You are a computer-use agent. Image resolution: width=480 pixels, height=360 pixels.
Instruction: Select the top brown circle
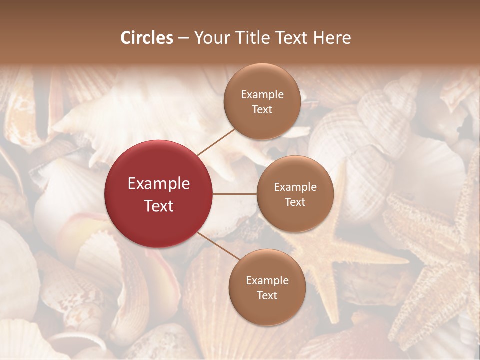point(262,101)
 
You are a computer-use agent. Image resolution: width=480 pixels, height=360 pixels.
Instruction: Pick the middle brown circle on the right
point(295,194)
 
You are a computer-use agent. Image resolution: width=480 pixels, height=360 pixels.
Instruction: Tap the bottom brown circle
point(267,287)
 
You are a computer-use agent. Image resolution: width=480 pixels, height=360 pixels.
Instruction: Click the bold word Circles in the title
point(147,38)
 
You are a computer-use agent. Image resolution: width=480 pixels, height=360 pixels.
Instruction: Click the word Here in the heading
point(332,38)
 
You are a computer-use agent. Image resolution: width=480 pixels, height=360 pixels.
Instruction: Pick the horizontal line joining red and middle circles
point(235,194)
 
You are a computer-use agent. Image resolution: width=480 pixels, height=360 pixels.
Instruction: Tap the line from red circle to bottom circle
point(219,246)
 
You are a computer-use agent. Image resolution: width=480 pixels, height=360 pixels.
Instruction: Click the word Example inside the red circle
point(159,184)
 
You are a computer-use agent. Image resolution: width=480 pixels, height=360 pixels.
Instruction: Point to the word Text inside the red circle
point(159,206)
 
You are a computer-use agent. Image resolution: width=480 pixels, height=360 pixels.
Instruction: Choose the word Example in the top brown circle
point(262,95)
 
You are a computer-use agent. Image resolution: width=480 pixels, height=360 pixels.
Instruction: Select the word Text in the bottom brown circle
point(267,296)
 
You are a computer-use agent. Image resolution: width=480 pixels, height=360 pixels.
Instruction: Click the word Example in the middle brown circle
point(295,187)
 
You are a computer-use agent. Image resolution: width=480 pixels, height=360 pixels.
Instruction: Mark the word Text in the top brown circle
point(262,110)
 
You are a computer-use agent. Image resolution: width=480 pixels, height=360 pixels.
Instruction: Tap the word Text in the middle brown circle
point(295,202)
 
